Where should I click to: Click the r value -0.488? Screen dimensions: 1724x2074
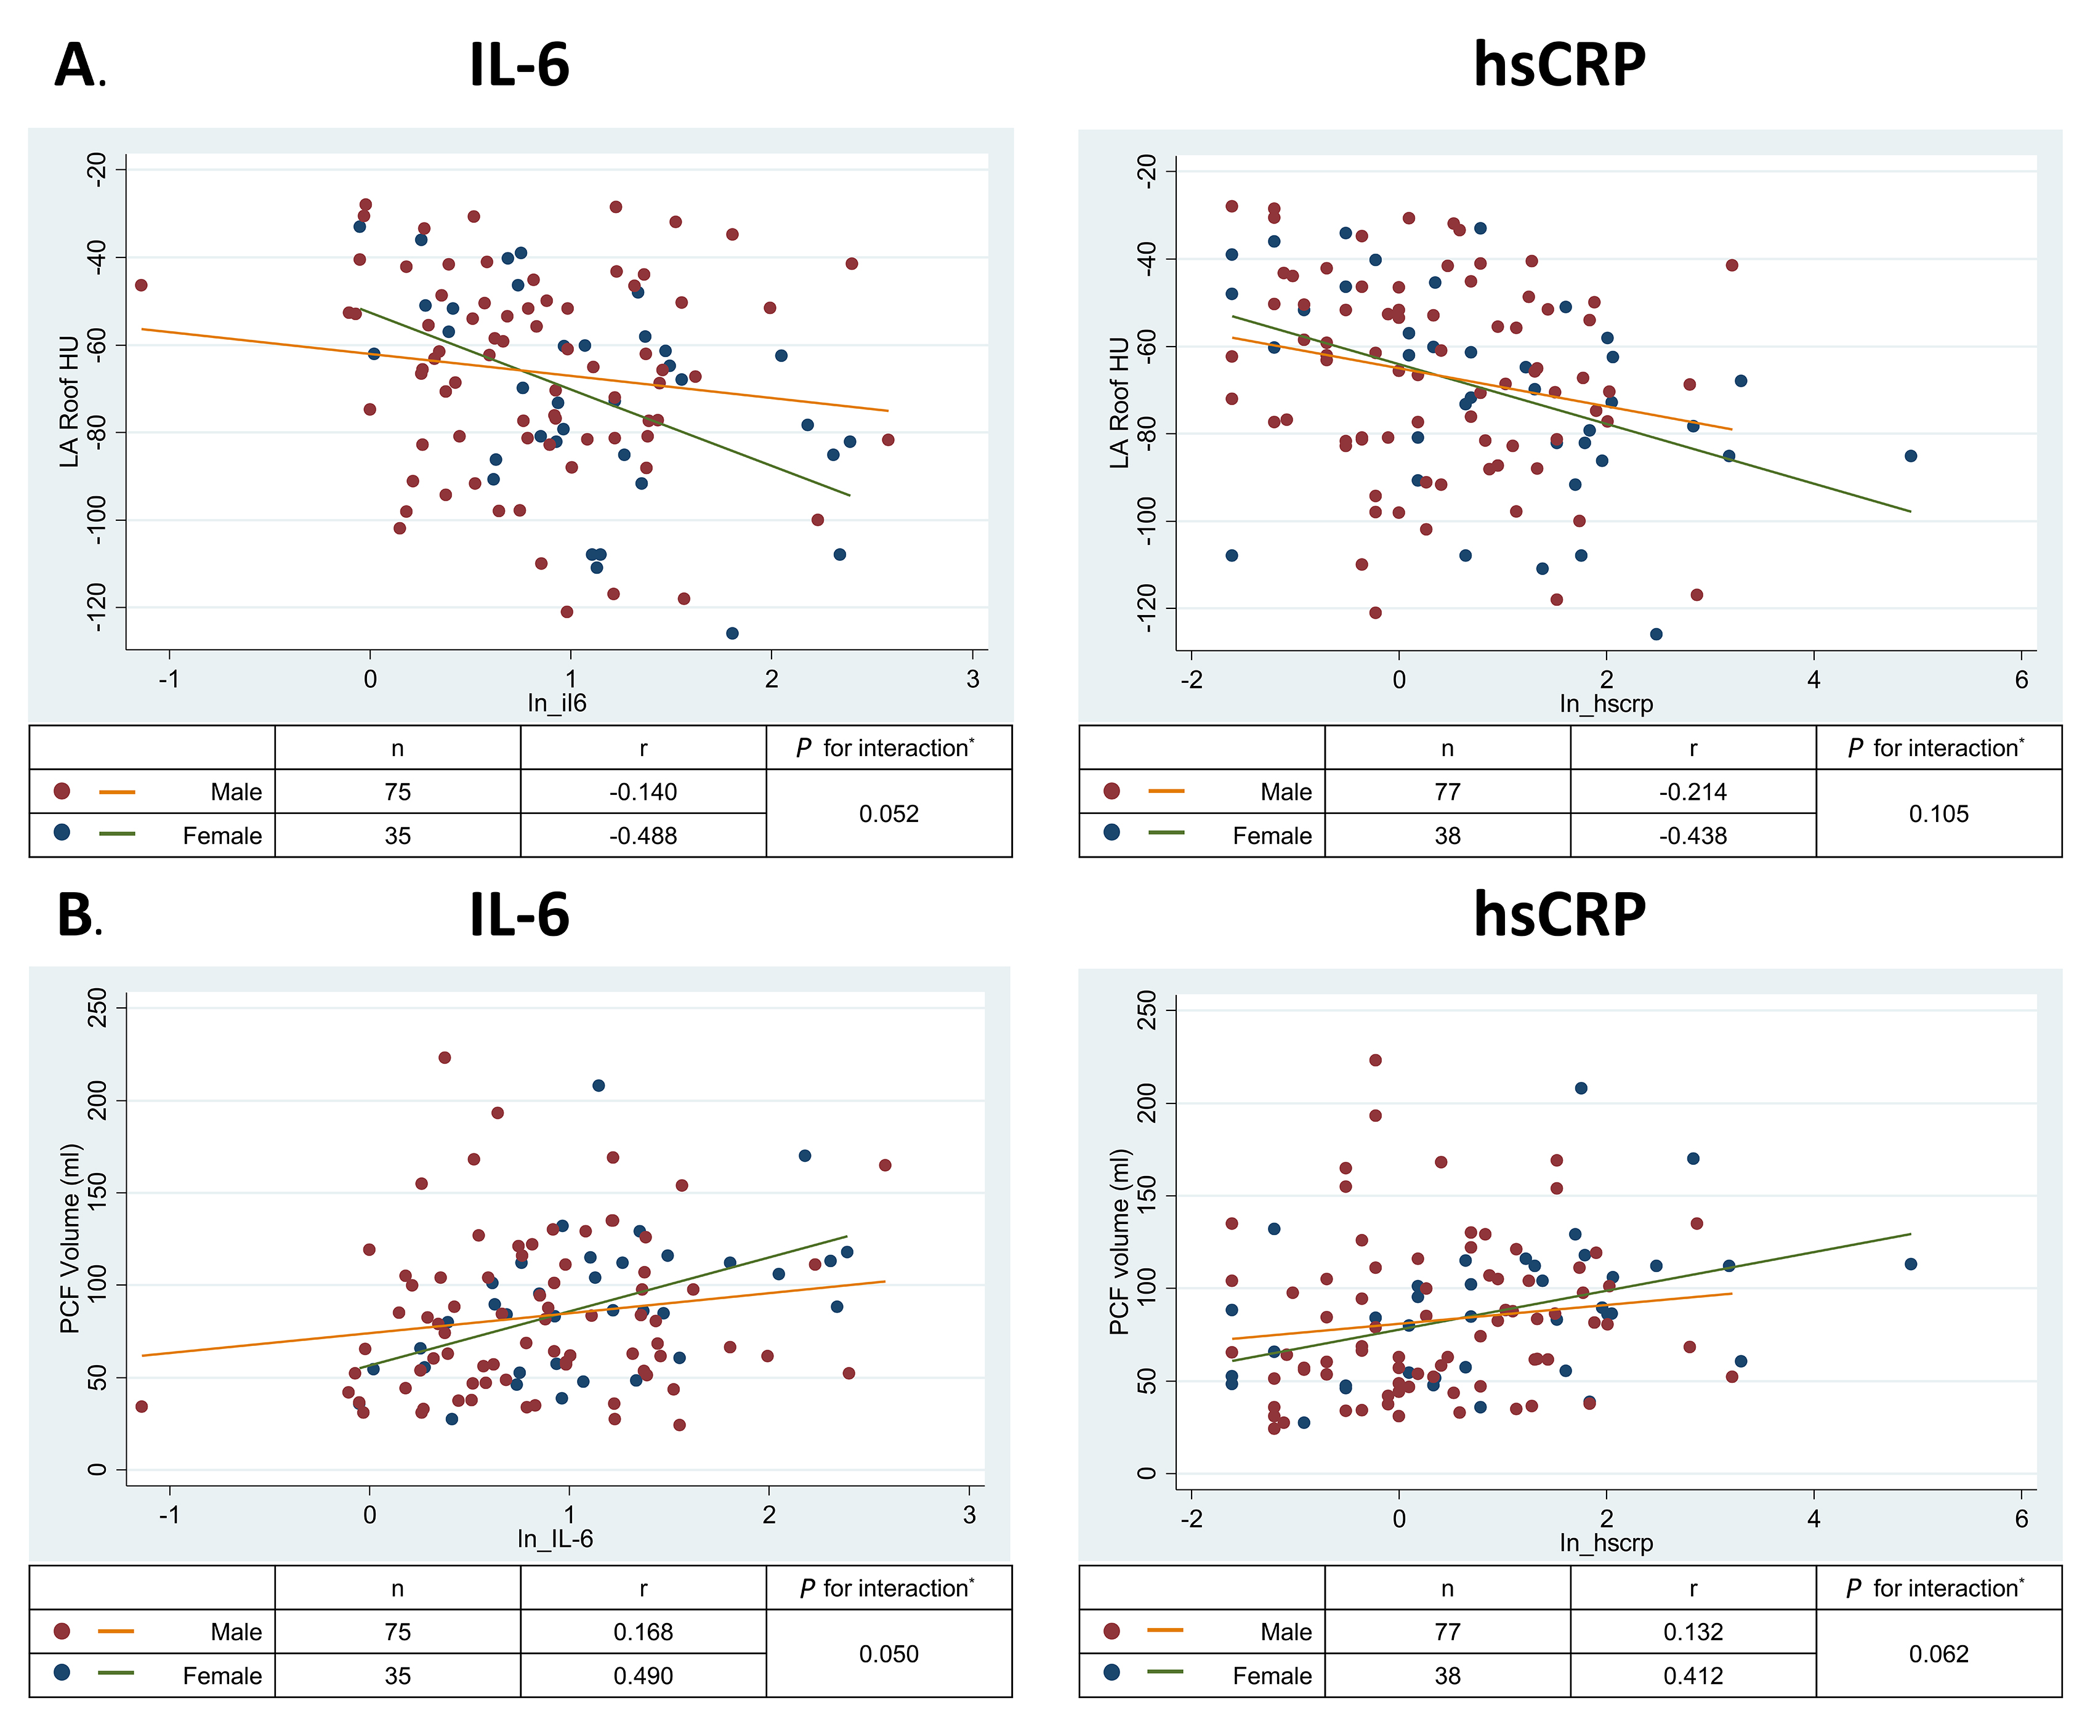pyautogui.click(x=643, y=836)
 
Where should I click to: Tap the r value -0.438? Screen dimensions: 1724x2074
pyautogui.click(x=1693, y=836)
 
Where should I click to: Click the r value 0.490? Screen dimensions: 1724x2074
pyautogui.click(x=643, y=1675)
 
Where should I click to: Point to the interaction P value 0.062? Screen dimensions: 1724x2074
pyautogui.click(x=1939, y=1654)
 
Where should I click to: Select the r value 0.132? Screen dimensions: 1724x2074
pyautogui.click(x=1693, y=1632)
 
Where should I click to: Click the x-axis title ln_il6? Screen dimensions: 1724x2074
pyautogui.click(x=557, y=703)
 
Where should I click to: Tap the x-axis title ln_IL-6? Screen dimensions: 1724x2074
pyautogui.click(x=555, y=1539)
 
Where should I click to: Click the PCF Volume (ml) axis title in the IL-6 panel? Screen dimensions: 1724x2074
pyautogui.click(x=69, y=1239)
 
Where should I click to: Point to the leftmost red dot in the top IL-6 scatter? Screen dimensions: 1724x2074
pyautogui.click(x=141, y=285)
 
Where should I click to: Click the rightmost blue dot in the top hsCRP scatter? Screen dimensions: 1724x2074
pyautogui.click(x=1911, y=456)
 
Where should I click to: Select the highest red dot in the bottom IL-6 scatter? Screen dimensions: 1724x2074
pyautogui.click(x=445, y=1058)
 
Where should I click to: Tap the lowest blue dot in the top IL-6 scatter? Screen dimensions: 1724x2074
pyautogui.click(x=732, y=633)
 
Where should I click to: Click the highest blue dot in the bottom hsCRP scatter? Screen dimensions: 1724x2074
pyautogui.click(x=1581, y=1088)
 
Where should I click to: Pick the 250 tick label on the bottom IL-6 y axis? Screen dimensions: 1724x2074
pyautogui.click(x=97, y=1007)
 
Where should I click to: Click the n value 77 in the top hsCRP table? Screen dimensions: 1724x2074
pyautogui.click(x=1447, y=792)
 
